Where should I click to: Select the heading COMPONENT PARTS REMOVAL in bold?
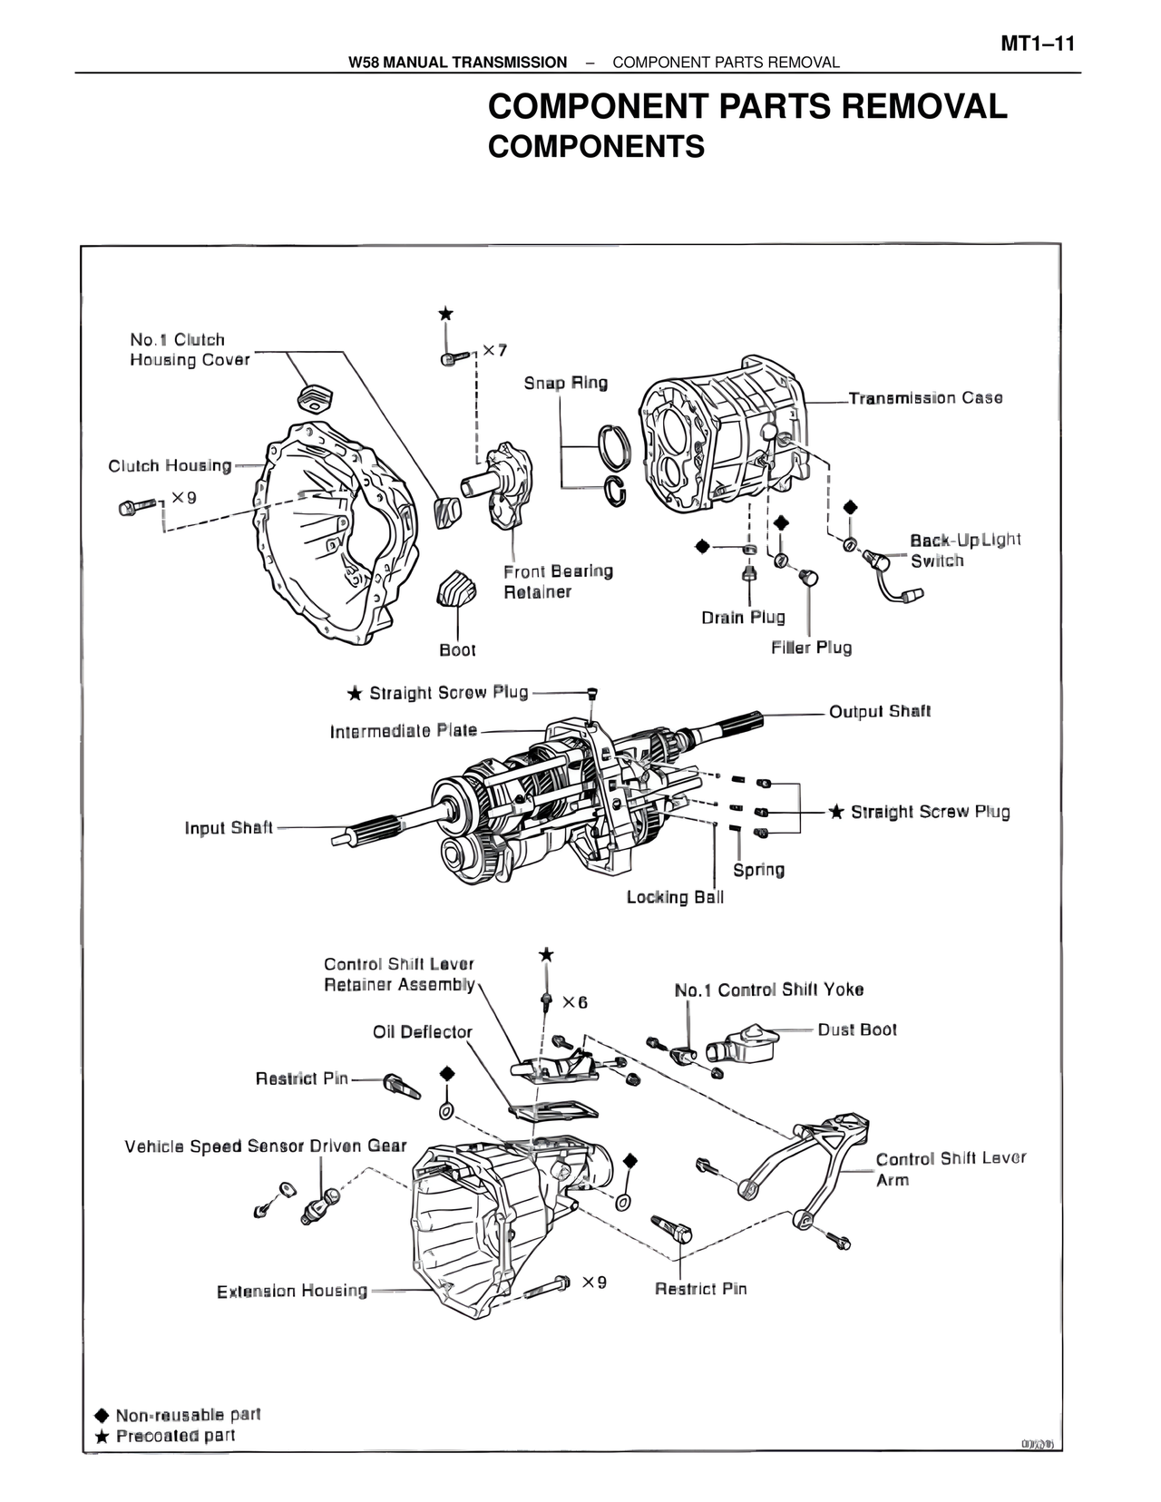coord(747,107)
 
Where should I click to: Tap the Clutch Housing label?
coord(170,466)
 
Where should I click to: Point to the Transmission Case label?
coord(925,398)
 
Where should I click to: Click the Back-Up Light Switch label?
coord(964,551)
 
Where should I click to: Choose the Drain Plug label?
coord(743,618)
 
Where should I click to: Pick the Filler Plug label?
coord(811,648)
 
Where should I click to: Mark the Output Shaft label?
coord(880,711)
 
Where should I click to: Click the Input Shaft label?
coord(229,828)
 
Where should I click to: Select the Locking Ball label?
coord(675,897)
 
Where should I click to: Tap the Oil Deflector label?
coord(423,1032)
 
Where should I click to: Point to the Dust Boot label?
coord(857,1029)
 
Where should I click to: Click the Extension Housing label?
coord(292,1291)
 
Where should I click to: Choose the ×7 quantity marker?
coord(494,350)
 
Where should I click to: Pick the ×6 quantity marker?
coord(574,1002)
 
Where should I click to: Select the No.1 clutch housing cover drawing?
coord(314,397)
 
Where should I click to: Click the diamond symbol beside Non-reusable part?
coord(102,1415)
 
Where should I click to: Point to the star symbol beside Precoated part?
coord(102,1436)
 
